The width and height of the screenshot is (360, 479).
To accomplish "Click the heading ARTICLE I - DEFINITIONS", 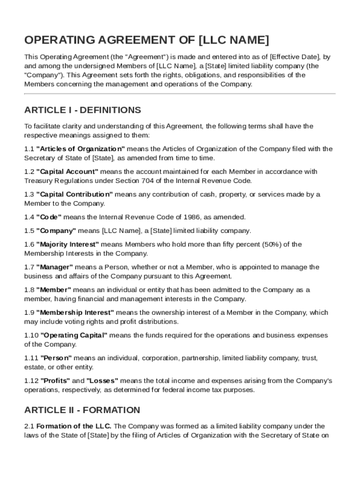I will coord(82,110).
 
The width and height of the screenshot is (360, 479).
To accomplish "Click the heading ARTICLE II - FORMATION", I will coord(82,410).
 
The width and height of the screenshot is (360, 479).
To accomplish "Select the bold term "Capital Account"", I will coord(67,172).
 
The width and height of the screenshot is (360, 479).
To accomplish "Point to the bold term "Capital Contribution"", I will coord(74,194).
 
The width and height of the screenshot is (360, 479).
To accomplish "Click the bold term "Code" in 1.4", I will coord(49,217).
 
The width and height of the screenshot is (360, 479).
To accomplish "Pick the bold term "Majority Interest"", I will coord(68,244).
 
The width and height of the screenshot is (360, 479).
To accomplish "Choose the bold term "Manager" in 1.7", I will coord(54,267).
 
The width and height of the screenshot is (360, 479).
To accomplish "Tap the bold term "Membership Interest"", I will coord(75,312).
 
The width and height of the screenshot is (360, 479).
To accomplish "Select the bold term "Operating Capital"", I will coord(74,335).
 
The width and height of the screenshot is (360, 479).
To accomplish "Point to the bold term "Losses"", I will coord(102,381).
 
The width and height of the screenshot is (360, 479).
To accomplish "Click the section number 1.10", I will coord(31,335).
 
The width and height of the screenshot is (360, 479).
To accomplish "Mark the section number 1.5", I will coord(29,231).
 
